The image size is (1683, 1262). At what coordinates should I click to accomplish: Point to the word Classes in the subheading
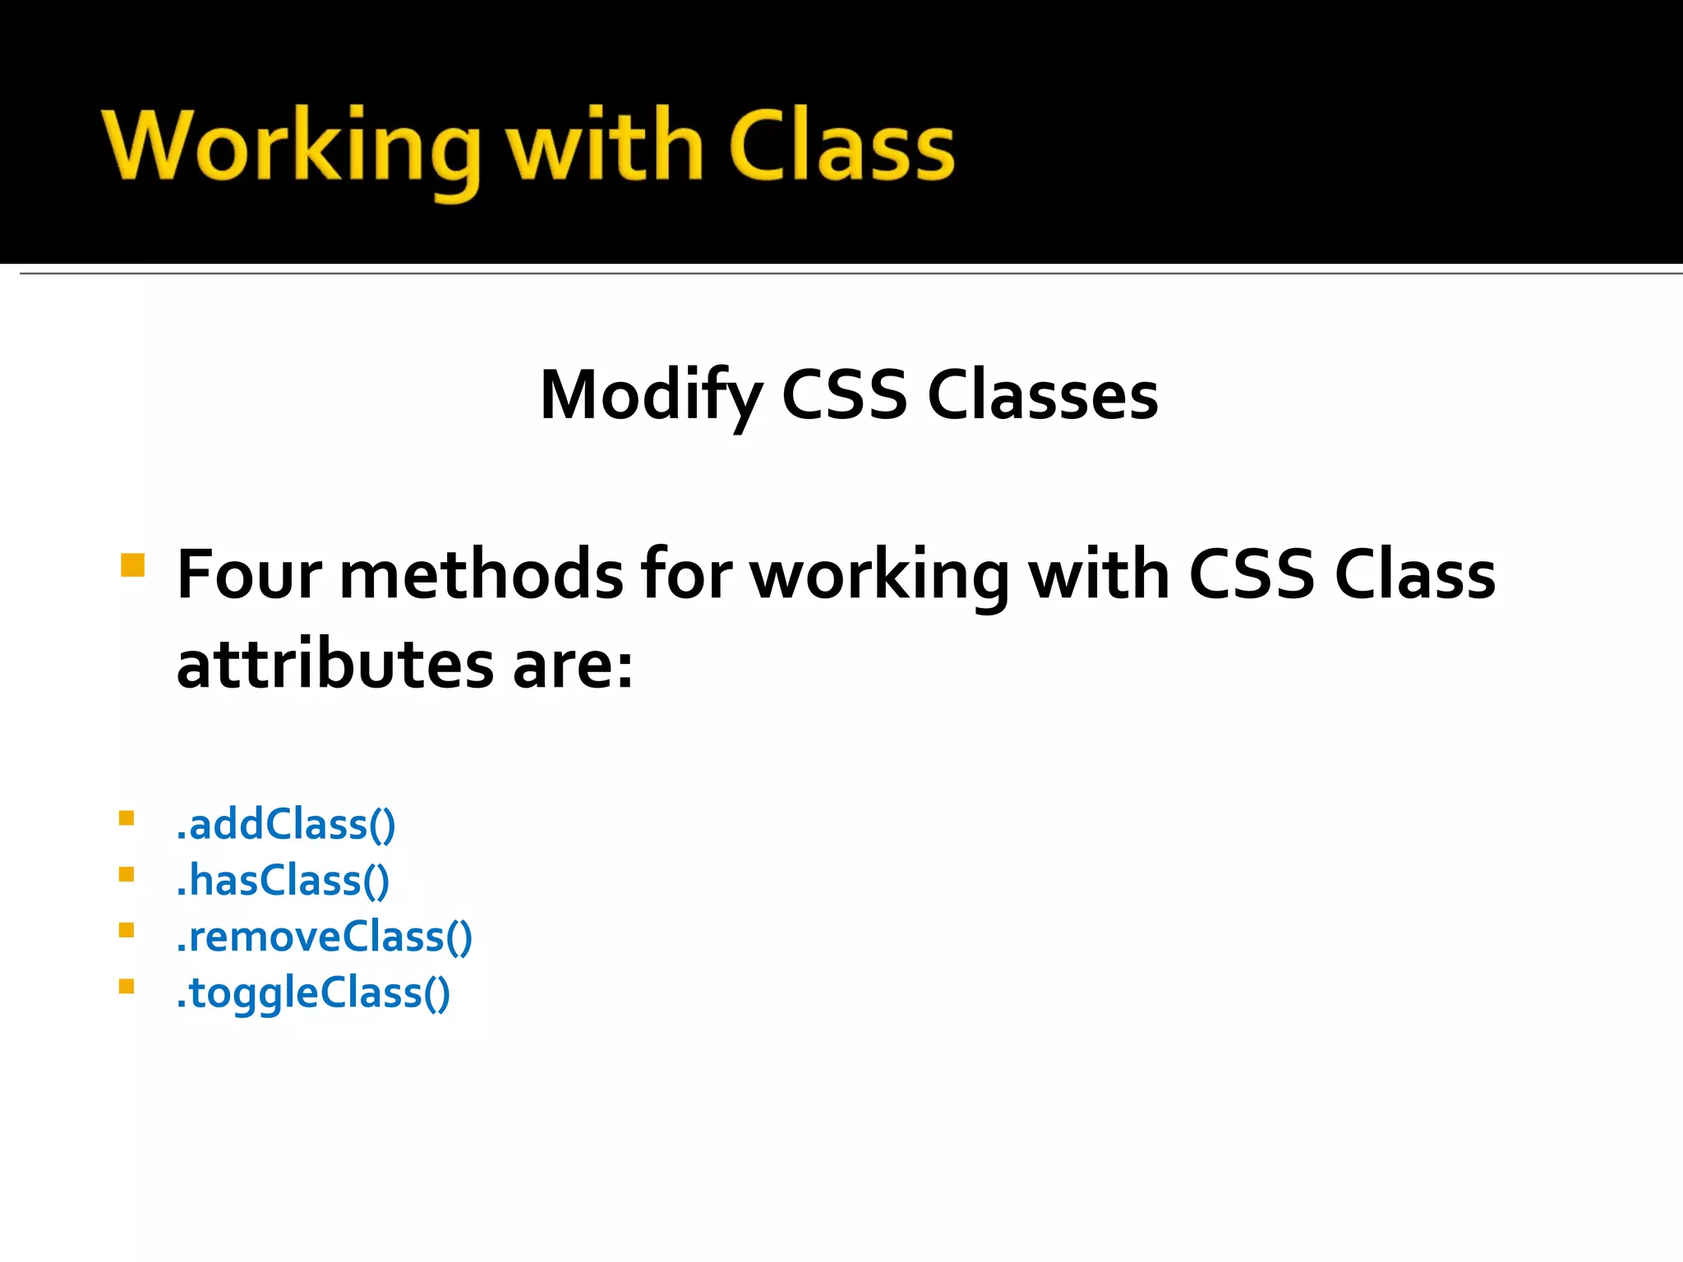click(x=1042, y=396)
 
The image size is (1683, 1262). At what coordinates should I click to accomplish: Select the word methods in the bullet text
click(x=481, y=574)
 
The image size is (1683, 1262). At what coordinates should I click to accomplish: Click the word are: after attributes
click(x=573, y=666)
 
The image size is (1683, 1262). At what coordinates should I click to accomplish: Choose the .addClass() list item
click(x=285, y=824)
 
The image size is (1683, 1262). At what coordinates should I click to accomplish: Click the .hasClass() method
click(x=283, y=881)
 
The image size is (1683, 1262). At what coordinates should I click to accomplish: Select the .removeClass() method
click(x=324, y=937)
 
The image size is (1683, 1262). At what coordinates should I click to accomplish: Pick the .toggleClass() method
click(x=313, y=993)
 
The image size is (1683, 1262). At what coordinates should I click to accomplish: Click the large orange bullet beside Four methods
click(x=132, y=565)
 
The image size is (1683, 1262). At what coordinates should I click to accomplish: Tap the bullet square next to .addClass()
click(x=127, y=818)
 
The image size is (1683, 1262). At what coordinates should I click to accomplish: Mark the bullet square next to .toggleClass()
click(x=127, y=987)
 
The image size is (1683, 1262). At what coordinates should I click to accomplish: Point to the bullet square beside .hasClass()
click(x=127, y=874)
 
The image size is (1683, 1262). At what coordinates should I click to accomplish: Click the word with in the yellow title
click(x=604, y=146)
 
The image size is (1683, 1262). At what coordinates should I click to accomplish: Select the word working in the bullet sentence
click(x=879, y=576)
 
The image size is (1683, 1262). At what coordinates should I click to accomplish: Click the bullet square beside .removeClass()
click(x=127, y=930)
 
